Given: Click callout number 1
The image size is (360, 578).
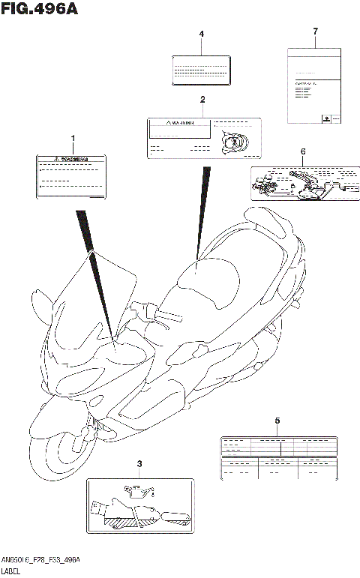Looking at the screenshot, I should coord(73,139).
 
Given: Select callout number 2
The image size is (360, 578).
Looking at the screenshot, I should coord(202,100).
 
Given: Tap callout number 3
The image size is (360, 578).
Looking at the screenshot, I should coord(139,466).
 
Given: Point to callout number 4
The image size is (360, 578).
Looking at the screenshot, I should coord(201,34).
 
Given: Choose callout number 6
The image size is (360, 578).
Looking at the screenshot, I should coord(303,152).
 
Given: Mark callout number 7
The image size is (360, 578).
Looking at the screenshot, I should coord(316,31).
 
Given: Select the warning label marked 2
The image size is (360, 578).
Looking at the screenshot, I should coord(202,136).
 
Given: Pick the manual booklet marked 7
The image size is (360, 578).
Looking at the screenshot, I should coord(315,85).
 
